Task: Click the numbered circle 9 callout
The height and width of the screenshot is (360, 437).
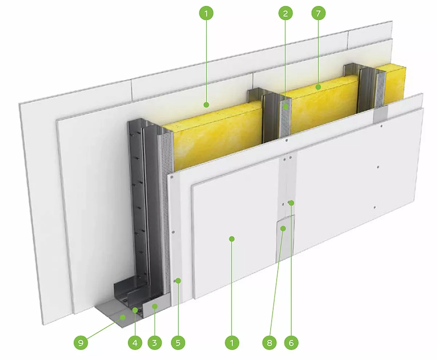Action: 81,343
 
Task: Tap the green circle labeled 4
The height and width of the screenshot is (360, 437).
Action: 135,343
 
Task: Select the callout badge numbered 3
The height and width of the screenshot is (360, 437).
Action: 154,343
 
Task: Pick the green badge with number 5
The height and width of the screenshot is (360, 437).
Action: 178,343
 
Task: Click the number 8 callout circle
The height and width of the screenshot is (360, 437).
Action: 269,343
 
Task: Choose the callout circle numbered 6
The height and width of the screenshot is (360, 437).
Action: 291,343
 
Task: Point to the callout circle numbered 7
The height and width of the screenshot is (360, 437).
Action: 318,13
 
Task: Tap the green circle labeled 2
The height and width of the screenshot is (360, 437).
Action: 286,13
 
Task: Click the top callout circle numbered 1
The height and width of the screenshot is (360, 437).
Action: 206,13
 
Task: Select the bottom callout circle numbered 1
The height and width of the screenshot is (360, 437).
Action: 232,343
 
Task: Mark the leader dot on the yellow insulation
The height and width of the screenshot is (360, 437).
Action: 318,87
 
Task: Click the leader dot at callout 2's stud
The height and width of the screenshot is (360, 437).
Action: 286,107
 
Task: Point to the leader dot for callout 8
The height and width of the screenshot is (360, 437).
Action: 283,229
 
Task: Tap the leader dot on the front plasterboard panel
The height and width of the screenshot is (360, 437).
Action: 232,239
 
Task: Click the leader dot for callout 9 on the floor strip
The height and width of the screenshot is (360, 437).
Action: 123,317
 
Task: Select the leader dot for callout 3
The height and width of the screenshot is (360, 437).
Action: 155,306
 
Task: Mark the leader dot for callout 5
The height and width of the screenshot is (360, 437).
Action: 178,281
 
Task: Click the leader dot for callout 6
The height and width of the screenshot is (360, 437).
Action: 291,203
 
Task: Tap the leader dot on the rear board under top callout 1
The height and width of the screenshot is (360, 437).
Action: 206,104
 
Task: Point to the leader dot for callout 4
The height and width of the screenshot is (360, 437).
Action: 135,310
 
